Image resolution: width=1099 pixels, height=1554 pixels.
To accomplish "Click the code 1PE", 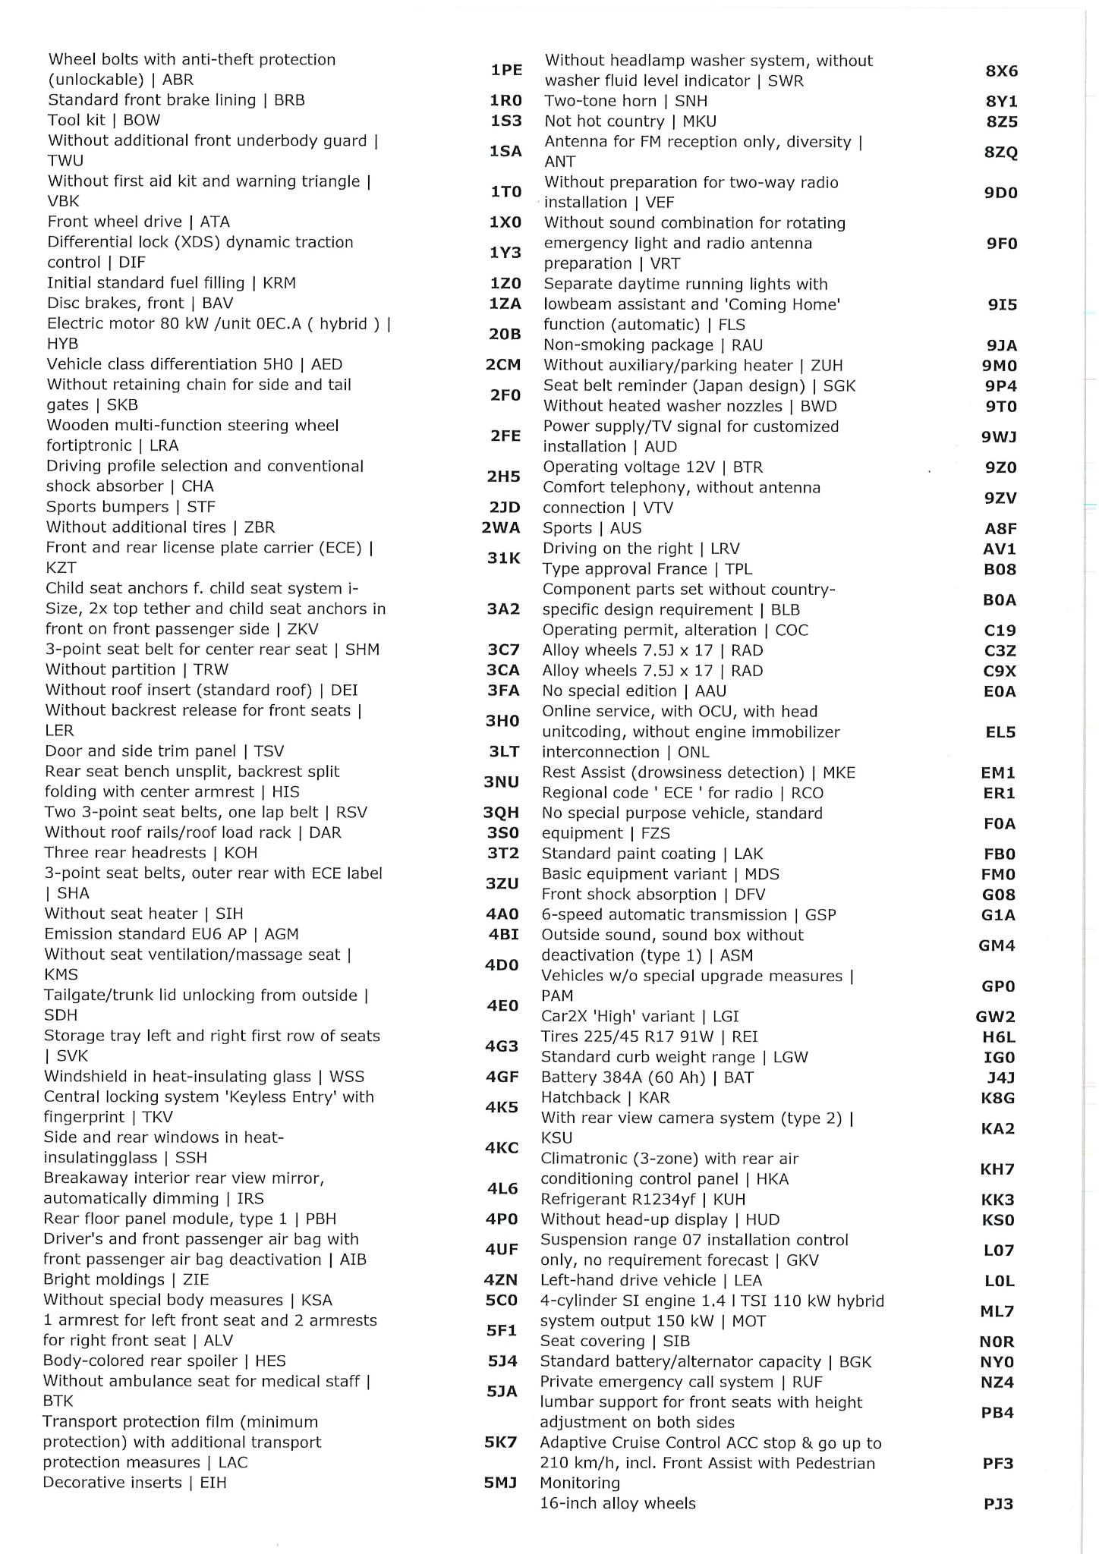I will [x=506, y=70].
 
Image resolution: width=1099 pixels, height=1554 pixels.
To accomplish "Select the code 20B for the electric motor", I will [x=505, y=333].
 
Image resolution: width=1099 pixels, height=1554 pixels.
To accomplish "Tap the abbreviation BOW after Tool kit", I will [x=142, y=120].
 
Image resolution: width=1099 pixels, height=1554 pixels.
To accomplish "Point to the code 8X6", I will [x=1001, y=71].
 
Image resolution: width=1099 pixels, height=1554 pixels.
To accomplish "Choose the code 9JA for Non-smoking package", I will [x=1001, y=345].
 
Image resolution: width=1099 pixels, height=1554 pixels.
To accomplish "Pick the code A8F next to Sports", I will [x=1000, y=528].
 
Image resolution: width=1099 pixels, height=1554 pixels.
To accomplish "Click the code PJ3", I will [x=998, y=1503].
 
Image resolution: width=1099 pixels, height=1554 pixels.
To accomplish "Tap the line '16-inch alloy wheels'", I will [x=617, y=1502].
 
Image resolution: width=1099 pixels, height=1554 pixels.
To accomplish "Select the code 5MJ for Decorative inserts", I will [x=500, y=1482].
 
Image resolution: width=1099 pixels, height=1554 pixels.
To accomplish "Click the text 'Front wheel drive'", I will [x=115, y=222].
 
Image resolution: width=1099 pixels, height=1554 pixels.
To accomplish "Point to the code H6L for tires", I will [x=998, y=1037].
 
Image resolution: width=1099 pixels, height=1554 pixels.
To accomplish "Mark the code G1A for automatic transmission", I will [x=998, y=915].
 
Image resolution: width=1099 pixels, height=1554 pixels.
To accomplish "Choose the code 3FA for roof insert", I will [x=502, y=690].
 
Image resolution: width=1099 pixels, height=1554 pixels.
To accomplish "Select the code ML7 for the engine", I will [x=997, y=1310].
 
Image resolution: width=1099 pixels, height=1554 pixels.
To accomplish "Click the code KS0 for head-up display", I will [x=997, y=1219].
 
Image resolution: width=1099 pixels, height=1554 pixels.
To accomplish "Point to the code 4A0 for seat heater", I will [x=502, y=914].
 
